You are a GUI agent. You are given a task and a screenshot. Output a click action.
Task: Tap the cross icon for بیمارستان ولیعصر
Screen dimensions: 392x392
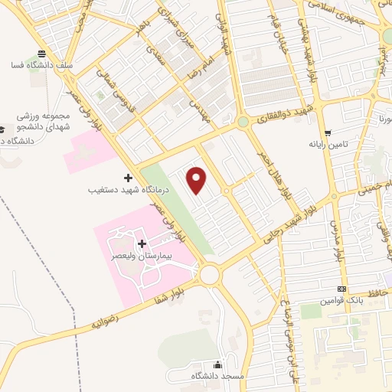click(142, 243)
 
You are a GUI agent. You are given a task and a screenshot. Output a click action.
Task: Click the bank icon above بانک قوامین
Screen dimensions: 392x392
click(341, 289)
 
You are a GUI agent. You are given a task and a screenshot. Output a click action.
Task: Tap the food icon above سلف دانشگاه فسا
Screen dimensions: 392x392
click(40, 54)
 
